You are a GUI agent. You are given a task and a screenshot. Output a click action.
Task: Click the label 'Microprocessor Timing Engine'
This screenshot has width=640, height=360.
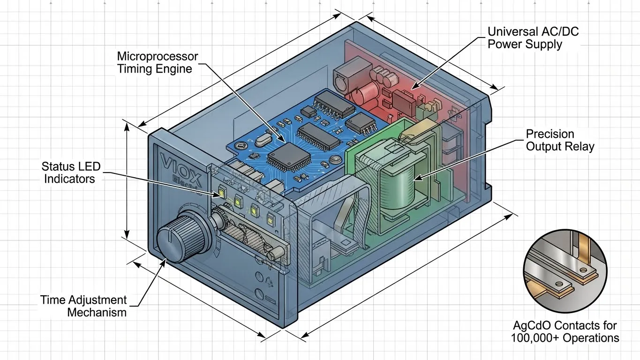pos(158,62)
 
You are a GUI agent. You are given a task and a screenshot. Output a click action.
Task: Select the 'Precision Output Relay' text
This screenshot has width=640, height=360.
pos(560,140)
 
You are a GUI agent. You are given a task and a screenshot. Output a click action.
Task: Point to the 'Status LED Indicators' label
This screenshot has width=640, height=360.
pos(70,172)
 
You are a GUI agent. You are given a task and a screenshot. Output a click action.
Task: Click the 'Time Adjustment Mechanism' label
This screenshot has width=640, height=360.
pos(83,306)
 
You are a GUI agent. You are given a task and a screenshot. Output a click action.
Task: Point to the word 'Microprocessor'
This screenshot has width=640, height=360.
pos(158,57)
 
